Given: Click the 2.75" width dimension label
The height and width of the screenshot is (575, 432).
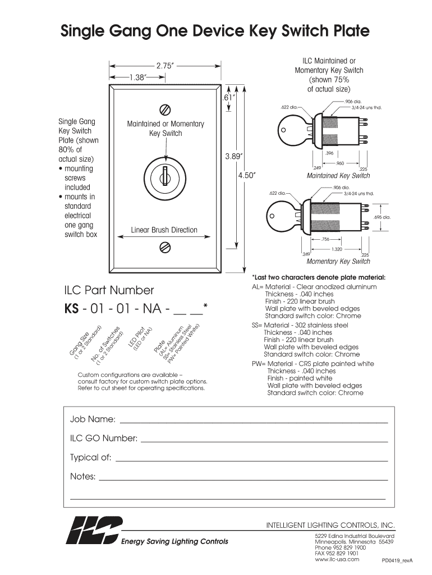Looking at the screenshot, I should (x=164, y=66).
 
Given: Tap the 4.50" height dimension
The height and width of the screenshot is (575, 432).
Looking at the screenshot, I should (x=247, y=175).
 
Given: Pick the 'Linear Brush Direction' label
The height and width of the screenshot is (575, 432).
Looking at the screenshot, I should (x=164, y=230).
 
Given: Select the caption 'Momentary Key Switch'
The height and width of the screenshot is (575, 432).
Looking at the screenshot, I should (x=338, y=262).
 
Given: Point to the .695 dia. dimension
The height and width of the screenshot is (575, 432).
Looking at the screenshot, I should (x=382, y=217).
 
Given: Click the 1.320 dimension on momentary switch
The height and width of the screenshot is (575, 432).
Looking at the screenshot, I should (x=337, y=249).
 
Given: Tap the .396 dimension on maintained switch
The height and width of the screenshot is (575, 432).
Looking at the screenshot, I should (x=329, y=153).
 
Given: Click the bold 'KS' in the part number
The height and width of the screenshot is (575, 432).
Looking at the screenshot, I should (x=72, y=308).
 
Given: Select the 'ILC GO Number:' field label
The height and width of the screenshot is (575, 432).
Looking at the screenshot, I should (x=103, y=438).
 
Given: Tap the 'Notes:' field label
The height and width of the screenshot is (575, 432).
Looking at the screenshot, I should (x=82, y=477).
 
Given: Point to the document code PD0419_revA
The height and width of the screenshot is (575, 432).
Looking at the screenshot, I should (x=397, y=560).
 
